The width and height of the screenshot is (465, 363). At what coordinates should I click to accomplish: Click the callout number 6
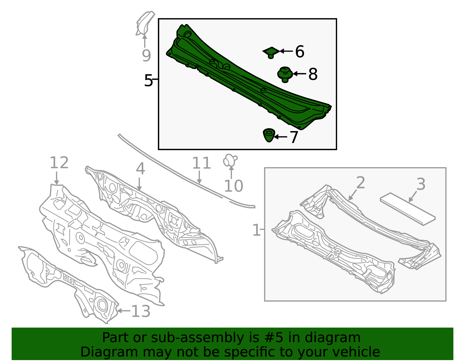(x=300, y=51)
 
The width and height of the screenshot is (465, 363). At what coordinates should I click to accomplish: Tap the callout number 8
(x=313, y=74)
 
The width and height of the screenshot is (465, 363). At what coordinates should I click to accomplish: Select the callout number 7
(x=294, y=137)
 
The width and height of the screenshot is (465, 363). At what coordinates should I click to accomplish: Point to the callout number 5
(x=148, y=80)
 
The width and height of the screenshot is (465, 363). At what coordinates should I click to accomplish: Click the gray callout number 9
(x=146, y=56)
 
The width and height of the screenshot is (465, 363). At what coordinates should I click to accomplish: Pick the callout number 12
(x=59, y=162)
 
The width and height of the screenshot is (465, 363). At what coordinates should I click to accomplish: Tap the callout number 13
(x=141, y=311)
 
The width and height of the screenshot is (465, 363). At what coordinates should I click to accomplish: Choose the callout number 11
(x=201, y=163)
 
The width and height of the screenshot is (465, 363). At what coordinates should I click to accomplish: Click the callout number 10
(x=233, y=186)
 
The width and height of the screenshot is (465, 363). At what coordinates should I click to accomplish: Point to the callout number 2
(x=361, y=183)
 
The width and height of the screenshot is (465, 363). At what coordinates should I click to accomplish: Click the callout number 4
(x=140, y=169)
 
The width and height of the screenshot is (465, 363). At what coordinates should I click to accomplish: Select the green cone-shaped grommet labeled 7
(x=269, y=135)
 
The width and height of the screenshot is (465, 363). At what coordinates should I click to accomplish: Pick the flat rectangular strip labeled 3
(x=408, y=209)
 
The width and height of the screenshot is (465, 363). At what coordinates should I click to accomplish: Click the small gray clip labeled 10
(x=230, y=160)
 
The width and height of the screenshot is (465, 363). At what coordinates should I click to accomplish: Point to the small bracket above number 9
(x=145, y=23)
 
